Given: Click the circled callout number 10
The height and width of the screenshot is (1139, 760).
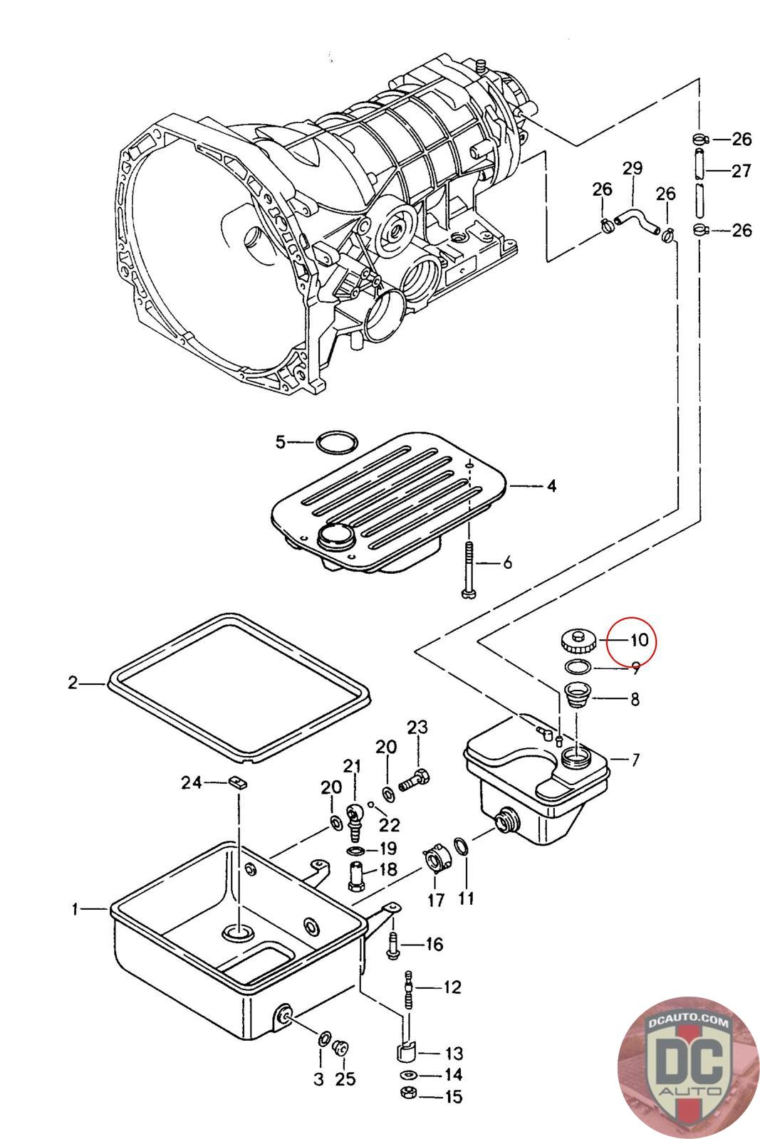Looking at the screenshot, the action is [x=639, y=639].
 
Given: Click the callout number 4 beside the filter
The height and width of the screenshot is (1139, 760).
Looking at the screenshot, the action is [x=551, y=486].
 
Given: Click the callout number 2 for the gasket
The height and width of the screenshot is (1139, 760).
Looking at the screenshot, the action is [x=73, y=683].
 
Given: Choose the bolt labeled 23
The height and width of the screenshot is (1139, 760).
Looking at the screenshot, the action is [x=414, y=780].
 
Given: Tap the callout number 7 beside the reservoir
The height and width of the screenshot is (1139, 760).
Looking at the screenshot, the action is [x=635, y=760].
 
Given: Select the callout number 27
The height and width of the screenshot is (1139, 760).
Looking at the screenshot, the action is [x=741, y=171].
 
